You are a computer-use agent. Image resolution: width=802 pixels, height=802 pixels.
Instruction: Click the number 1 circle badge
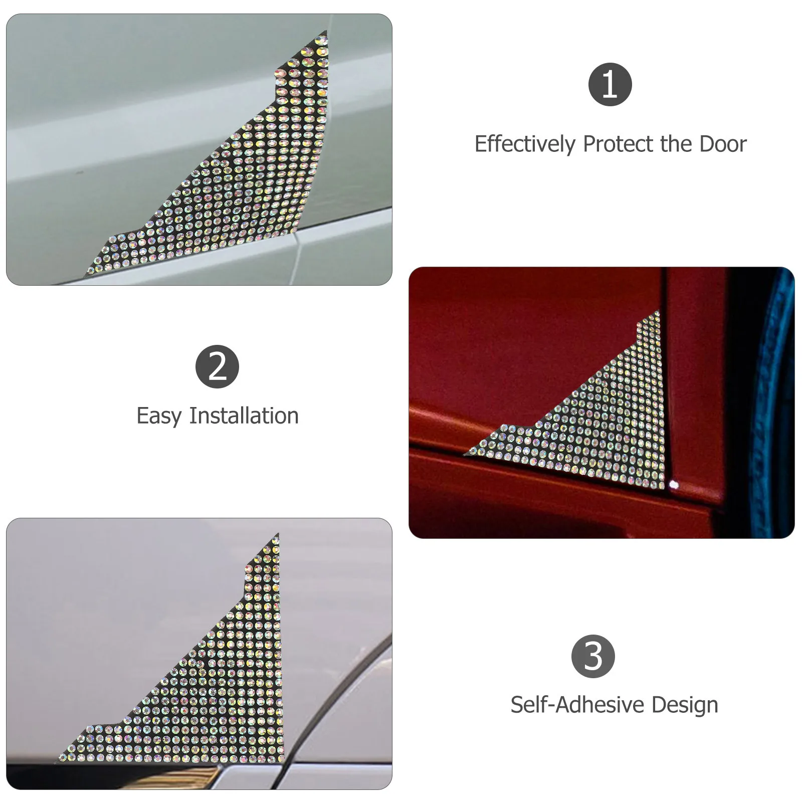610,84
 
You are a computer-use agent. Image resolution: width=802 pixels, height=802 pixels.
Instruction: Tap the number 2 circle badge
217,366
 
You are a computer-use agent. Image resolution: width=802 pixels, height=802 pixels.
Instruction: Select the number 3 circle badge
593,656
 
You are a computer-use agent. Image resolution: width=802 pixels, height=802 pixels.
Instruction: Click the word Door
723,144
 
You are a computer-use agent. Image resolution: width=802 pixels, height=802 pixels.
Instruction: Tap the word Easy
158,416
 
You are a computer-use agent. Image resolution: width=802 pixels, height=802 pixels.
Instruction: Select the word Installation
244,416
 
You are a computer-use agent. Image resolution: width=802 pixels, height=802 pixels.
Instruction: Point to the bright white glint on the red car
674,485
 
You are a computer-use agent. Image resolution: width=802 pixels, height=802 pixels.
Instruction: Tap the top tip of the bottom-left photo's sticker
277,536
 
